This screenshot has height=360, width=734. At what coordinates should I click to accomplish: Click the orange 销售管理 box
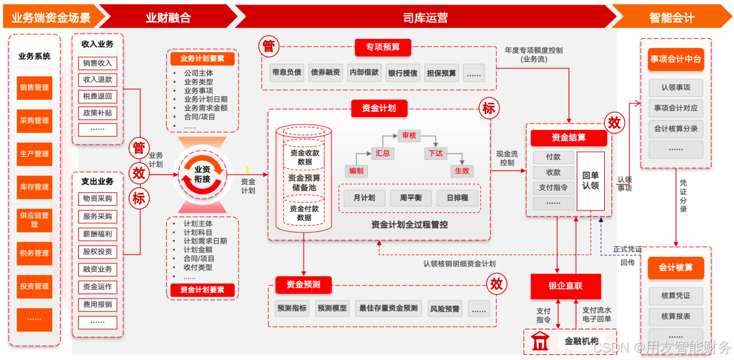[34, 88]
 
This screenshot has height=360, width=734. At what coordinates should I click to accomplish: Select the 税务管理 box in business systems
[34, 253]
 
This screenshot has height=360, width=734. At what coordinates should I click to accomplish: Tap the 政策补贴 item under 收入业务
[97, 112]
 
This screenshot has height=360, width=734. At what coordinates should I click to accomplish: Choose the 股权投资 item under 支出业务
[97, 252]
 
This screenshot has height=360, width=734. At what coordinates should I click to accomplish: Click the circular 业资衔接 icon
[202, 174]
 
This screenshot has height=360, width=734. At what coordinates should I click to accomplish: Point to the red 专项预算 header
[382, 48]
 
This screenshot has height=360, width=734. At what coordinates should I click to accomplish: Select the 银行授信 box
[403, 73]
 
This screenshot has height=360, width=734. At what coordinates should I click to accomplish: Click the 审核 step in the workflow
[408, 135]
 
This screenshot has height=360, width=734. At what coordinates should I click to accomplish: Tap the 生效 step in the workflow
[462, 171]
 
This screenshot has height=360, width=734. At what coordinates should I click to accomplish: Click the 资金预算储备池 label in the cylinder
[304, 183]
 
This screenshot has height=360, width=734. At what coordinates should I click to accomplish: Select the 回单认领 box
[590, 180]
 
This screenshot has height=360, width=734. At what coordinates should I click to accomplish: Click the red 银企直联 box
[565, 286]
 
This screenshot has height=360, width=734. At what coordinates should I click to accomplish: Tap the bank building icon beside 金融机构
[540, 341]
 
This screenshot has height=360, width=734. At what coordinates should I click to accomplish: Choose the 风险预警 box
[445, 309]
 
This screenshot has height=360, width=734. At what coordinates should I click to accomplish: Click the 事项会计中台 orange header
[675, 59]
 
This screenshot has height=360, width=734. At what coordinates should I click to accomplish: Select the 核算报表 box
[675, 317]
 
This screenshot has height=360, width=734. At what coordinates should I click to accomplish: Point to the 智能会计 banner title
[671, 17]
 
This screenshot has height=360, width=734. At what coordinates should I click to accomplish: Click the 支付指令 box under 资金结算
[553, 188]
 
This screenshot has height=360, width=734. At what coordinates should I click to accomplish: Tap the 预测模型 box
[332, 308]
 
